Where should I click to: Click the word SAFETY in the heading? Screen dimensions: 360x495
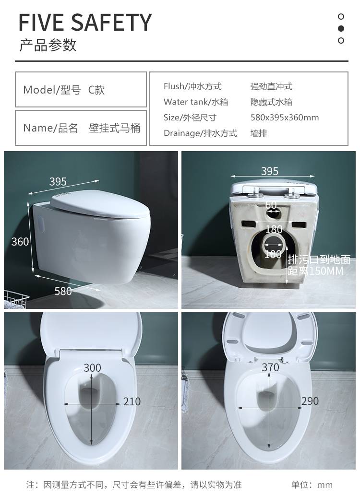point(111,23)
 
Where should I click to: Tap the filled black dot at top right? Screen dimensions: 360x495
point(341,28)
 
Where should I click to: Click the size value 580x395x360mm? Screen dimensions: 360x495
point(285,118)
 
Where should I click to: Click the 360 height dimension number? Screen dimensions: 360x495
point(20,241)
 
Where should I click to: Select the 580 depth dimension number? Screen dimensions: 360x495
point(63,291)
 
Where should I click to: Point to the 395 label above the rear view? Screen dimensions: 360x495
point(270,171)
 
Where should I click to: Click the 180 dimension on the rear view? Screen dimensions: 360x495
point(274,229)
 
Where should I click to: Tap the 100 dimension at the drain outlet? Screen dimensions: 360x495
point(273,254)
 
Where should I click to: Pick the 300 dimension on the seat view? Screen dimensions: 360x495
point(92,368)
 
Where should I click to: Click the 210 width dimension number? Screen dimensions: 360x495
point(132,401)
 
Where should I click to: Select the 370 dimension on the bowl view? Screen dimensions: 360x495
point(270,367)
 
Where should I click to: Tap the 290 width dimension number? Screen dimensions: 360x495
point(310,401)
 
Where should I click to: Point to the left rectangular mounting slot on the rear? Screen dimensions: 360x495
point(248,224)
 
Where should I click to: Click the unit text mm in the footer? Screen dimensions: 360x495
point(325,485)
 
